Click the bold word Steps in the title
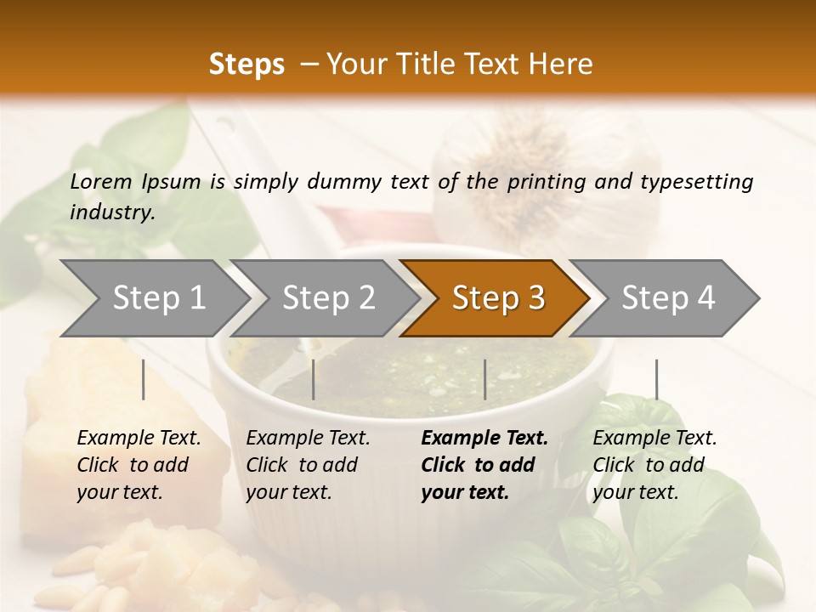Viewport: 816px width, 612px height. click(246, 64)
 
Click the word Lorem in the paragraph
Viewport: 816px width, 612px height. click(101, 181)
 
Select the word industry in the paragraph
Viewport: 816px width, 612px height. click(112, 212)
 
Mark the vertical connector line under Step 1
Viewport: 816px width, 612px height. click(144, 379)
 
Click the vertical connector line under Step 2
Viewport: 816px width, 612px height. click(314, 379)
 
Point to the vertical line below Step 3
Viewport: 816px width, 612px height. click(484, 379)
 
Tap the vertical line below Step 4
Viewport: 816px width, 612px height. click(656, 379)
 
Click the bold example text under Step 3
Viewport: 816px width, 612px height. click(484, 465)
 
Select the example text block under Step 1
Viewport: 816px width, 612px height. click(139, 465)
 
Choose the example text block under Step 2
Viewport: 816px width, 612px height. click(308, 465)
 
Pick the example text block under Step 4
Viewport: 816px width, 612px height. click(654, 465)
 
